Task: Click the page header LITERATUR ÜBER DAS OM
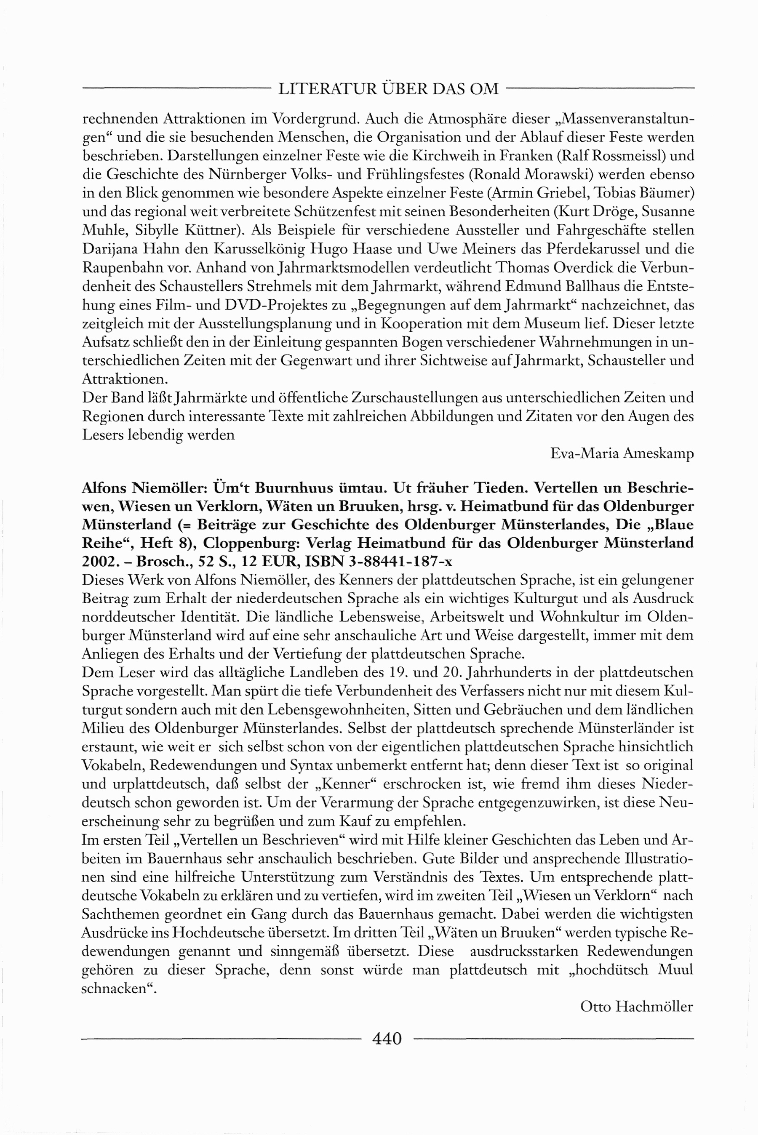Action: click(388, 89)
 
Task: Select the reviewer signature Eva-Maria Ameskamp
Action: click(622, 453)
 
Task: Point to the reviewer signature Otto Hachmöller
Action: click(636, 1006)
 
